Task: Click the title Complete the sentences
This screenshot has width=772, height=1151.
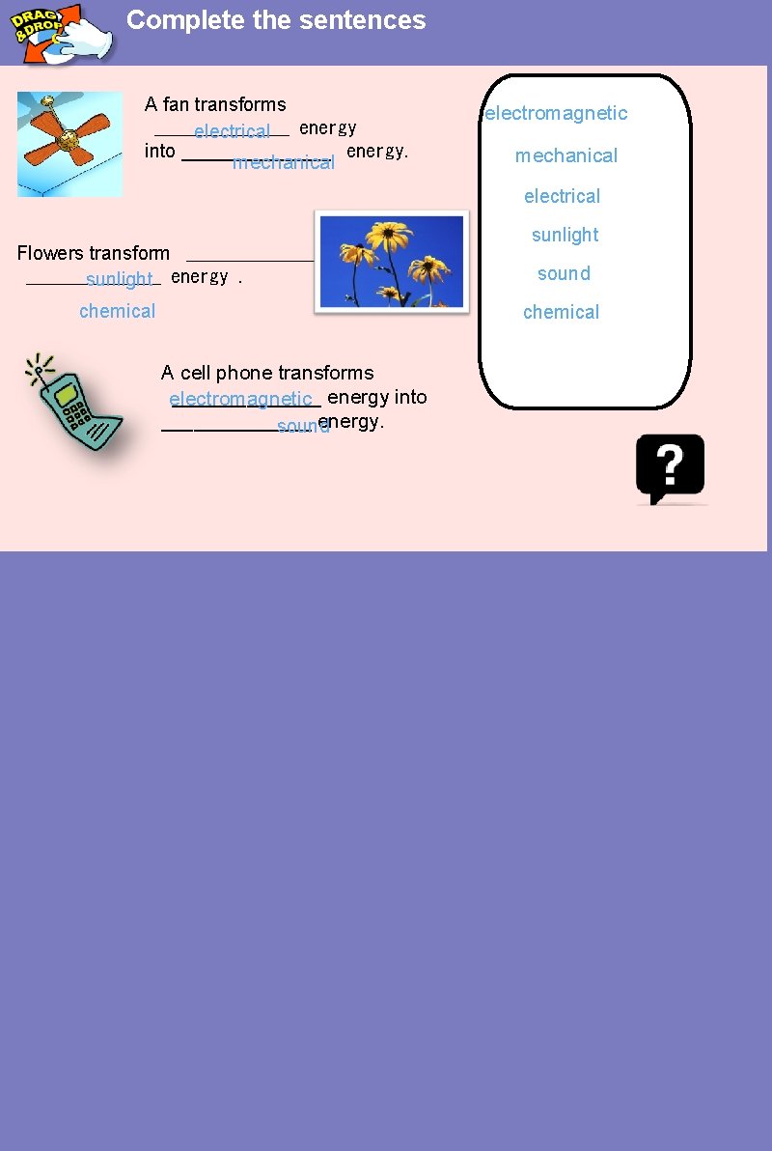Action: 276,20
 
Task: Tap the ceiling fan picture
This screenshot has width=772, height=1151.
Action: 69,144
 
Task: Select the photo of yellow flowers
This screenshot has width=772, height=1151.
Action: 391,262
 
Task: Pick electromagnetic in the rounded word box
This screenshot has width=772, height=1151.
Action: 556,113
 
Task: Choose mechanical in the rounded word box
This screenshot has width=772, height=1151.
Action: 565,155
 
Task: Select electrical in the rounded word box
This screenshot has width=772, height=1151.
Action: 562,196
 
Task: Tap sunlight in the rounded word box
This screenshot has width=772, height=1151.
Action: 565,235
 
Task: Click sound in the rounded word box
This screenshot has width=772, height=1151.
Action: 564,273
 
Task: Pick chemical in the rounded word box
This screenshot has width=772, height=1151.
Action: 561,312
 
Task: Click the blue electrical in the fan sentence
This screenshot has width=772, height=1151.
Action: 232,131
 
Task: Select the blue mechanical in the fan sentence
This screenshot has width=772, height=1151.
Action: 284,162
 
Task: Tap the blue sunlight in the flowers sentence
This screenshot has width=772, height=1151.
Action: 120,280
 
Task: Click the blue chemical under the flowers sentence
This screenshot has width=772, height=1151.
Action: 117,311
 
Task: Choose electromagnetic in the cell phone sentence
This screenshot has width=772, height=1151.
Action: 240,399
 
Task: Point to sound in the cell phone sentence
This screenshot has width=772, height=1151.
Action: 303,427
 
